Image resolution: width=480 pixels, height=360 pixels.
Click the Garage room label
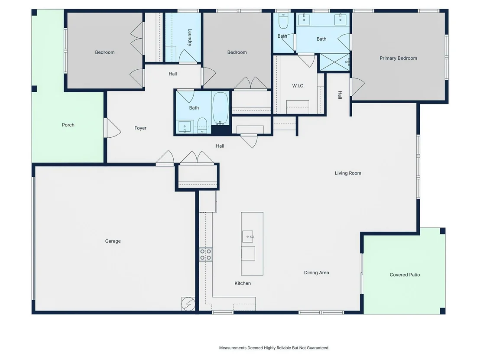click(x=113, y=241)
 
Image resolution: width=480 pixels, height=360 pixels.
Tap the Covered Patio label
click(x=405, y=275)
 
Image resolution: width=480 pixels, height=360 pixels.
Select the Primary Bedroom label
click(x=398, y=58)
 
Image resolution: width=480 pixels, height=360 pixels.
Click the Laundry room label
click(x=190, y=37)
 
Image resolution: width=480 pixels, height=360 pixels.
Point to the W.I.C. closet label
click(x=298, y=86)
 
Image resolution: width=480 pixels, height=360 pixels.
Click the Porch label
click(x=68, y=125)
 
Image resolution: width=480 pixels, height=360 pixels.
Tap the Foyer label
click(x=140, y=128)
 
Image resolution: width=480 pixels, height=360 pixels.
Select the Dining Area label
click(x=317, y=272)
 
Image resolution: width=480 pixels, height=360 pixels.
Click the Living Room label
click(x=348, y=173)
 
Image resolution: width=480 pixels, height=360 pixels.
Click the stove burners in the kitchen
click(x=205, y=254)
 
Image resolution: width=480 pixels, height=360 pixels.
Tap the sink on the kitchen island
click(x=248, y=237)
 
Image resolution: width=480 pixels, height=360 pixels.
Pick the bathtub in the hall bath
click(x=221, y=108)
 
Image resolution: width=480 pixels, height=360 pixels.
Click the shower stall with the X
click(x=334, y=62)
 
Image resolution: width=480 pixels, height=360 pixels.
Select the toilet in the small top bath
click(x=283, y=20)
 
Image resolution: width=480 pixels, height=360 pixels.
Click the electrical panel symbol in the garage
click(x=188, y=304)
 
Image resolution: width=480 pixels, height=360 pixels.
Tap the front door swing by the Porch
click(x=113, y=128)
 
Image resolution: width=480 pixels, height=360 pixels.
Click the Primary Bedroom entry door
click(x=357, y=86)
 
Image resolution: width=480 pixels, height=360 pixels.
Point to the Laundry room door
click(x=188, y=56)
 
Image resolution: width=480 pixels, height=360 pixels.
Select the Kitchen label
click(x=243, y=283)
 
